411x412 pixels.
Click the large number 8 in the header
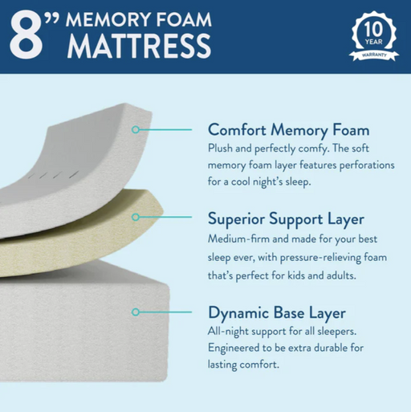26,34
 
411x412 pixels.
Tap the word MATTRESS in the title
139,46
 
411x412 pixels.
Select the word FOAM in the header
184,19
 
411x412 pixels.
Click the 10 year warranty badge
374,36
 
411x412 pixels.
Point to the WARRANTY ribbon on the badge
374,55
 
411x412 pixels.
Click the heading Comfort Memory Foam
289,130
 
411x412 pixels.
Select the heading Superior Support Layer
286,219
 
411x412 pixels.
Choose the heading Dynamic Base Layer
277,312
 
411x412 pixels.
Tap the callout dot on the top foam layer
136,130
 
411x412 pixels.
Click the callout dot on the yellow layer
136,217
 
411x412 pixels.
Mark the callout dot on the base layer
136,312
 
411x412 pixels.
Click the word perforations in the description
367,165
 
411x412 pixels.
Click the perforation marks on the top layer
54,175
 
